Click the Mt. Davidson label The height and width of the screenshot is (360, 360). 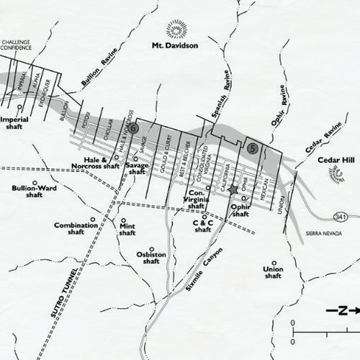click(x=174, y=45)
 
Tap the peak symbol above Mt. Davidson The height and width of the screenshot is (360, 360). click(x=175, y=26)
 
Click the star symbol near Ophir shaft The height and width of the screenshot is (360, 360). click(x=233, y=189)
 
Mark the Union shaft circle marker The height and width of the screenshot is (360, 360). click(x=273, y=262)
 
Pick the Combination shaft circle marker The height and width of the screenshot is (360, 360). click(x=92, y=220)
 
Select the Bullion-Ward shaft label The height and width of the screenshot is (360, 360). click(x=35, y=191)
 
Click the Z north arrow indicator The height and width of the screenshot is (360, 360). click(x=343, y=311)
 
